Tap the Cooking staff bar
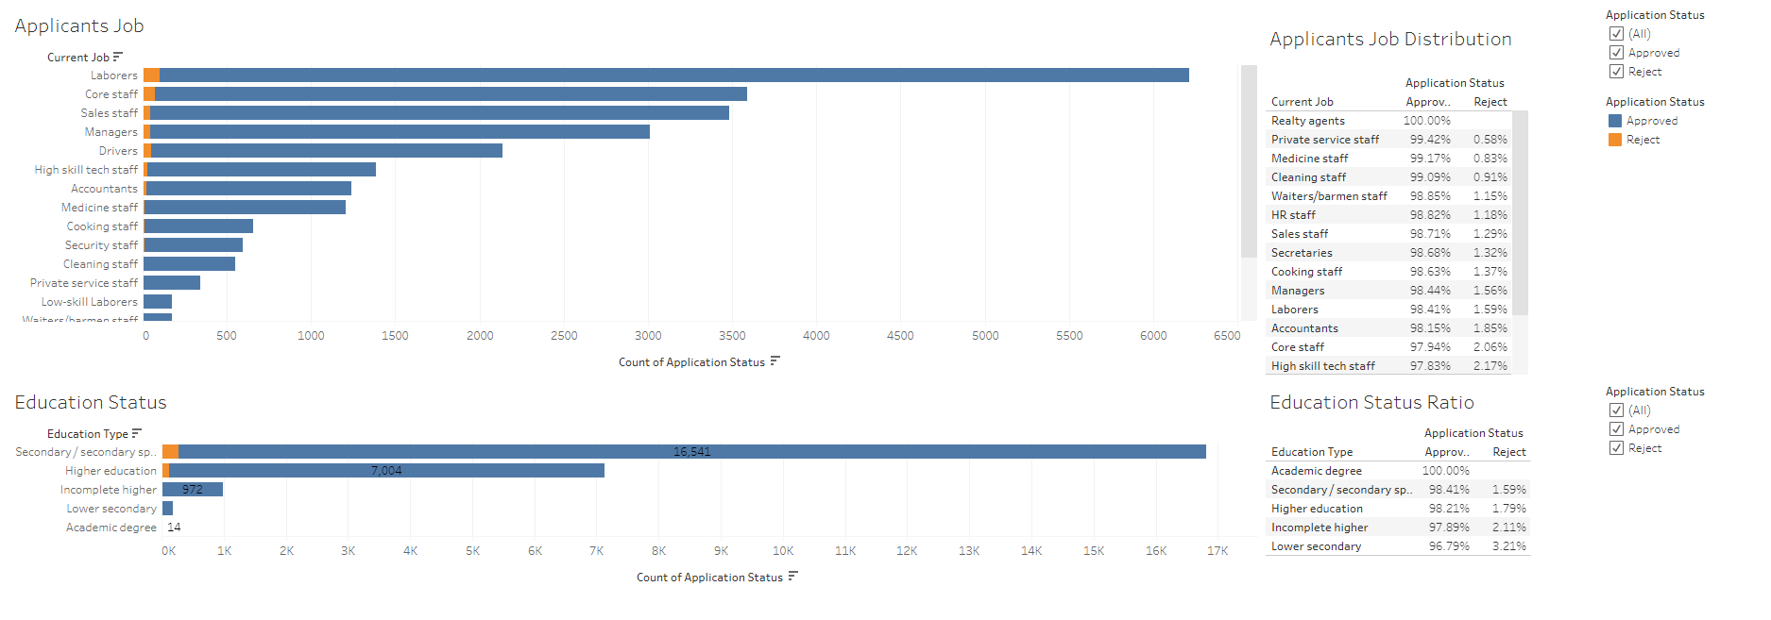point(198,226)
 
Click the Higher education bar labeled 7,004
point(386,470)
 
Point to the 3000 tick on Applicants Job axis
point(648,336)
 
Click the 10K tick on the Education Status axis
point(783,551)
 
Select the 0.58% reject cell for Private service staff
point(1490,140)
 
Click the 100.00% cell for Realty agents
point(1426,121)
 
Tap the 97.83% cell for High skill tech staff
point(1430,366)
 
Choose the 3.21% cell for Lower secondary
point(1508,546)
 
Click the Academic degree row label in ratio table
point(1316,471)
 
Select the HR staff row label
point(1293,215)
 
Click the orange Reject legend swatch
point(1615,140)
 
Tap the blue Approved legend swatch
point(1615,121)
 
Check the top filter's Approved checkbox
point(1616,53)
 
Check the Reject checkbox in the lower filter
point(1616,448)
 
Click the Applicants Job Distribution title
point(1390,40)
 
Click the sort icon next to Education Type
point(137,434)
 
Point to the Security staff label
point(101,245)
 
